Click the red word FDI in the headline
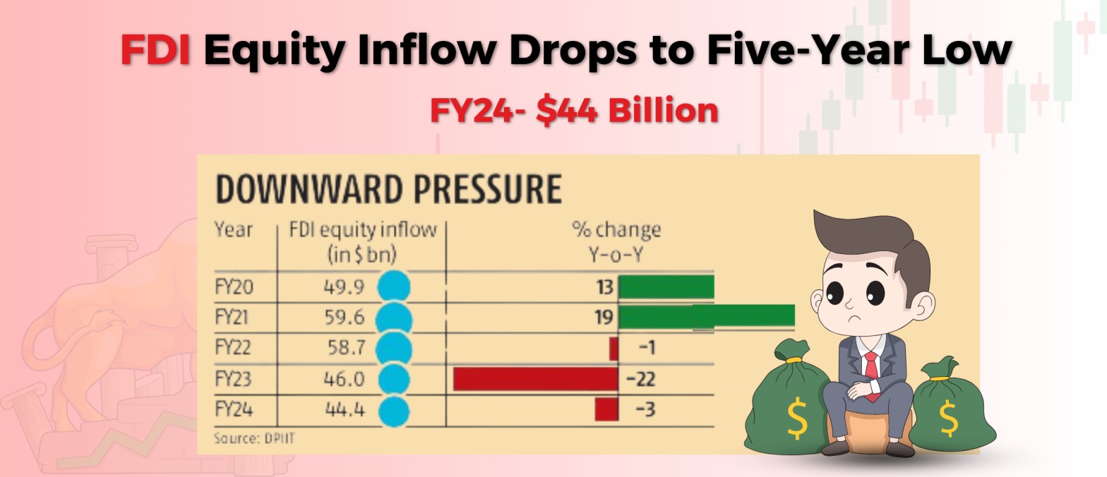click(x=155, y=50)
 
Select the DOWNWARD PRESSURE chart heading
click(x=388, y=189)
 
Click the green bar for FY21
click(x=706, y=317)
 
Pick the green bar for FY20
click(x=666, y=287)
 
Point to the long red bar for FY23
click(x=535, y=379)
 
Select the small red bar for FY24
click(x=606, y=409)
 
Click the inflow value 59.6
click(x=346, y=318)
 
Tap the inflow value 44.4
click(x=346, y=409)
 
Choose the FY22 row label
click(x=234, y=348)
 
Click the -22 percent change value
click(x=641, y=380)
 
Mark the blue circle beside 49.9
click(x=393, y=287)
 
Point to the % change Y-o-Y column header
click(x=616, y=241)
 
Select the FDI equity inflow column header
click(x=363, y=241)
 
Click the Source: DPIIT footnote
click(x=253, y=438)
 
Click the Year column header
click(x=234, y=230)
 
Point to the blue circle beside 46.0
click(x=393, y=379)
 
